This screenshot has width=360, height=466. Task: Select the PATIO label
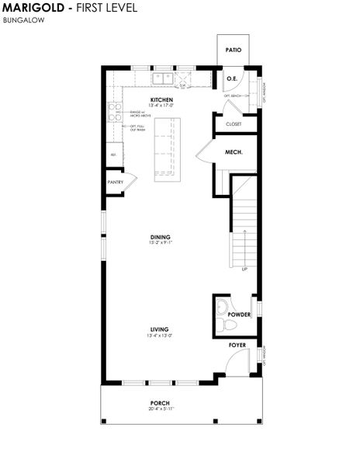point(233,50)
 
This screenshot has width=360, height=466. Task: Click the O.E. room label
point(231,78)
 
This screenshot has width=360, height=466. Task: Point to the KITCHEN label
point(161,100)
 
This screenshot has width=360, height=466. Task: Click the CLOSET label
point(234,124)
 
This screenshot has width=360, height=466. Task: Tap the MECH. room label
point(234,152)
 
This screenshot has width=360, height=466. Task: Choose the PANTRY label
point(115,182)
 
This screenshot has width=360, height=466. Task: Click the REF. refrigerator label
point(113,155)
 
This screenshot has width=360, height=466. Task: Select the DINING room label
point(161,237)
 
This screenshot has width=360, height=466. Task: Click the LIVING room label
point(160,329)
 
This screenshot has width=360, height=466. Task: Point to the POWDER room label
point(238,315)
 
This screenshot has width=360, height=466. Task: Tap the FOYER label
point(237,344)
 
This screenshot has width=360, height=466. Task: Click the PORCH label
point(160,402)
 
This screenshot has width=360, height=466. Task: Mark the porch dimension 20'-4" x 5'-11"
point(160,409)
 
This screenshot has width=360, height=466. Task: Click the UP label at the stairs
point(244,269)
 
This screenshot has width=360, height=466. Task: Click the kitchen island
point(165,150)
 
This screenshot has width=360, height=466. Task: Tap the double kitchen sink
point(162,78)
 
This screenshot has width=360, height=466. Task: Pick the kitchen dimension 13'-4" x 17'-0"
point(161,106)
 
